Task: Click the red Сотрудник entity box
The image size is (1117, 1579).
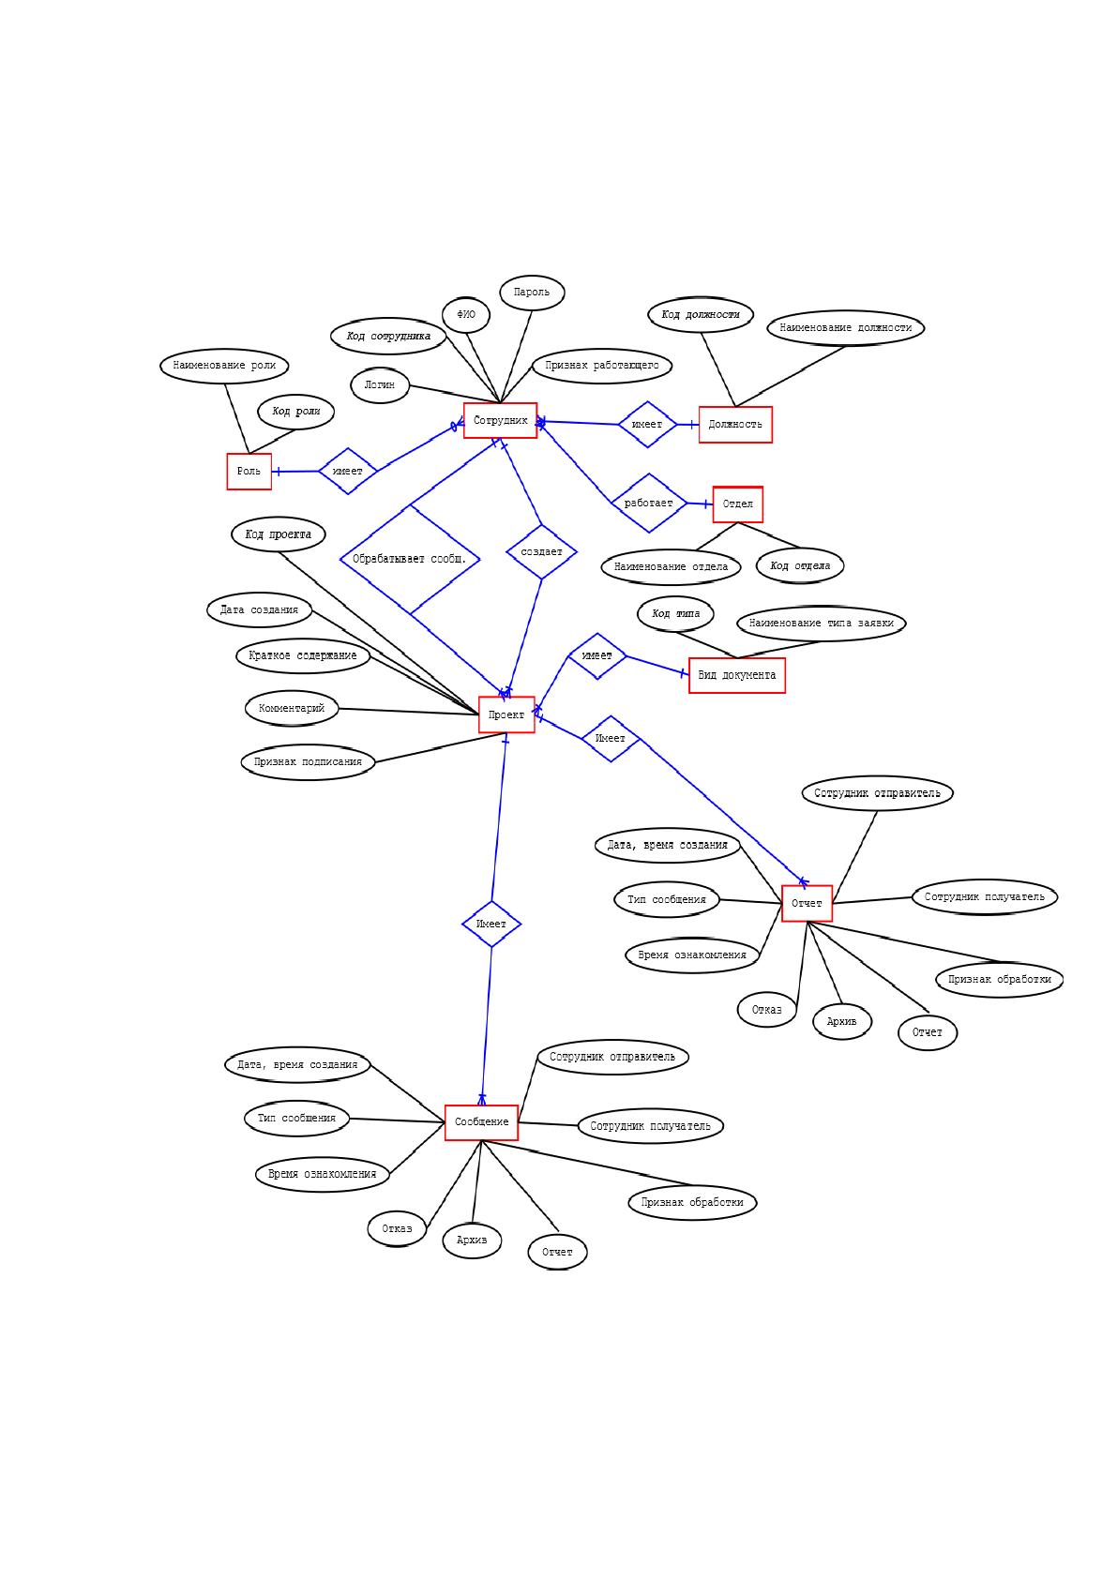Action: coord(500,420)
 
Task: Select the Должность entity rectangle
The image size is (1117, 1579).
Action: coord(735,425)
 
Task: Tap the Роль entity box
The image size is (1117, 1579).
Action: coord(249,471)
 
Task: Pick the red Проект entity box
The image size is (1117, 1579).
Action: coord(506,714)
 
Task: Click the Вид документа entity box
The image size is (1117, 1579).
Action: coord(737,674)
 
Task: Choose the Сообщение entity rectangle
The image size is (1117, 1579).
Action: coord(482,1121)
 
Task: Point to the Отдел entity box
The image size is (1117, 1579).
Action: coord(737,504)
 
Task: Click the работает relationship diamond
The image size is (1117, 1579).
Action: coord(649,503)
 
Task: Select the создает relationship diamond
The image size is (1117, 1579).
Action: coord(541,551)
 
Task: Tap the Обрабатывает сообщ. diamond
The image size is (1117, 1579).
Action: coord(410,559)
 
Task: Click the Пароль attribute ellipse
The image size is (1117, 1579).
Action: coord(532,292)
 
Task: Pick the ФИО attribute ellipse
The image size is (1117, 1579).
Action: coord(466,314)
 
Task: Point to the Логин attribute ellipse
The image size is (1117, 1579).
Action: coord(380,384)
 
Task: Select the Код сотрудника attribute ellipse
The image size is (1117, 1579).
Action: coord(388,336)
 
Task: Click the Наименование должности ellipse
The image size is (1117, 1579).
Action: coord(846,328)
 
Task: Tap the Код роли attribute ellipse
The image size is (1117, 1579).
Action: coord(296,411)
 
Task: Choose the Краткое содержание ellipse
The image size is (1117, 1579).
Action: coord(303,655)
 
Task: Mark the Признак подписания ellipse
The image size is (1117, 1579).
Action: coord(309,762)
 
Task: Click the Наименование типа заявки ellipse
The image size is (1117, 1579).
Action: coord(822,624)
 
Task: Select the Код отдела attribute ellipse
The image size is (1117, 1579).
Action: coord(800,565)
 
